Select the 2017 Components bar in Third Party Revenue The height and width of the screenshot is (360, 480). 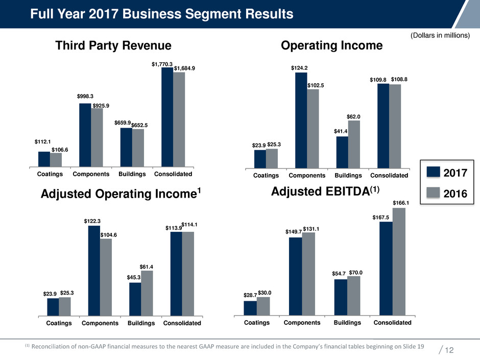point(85,135)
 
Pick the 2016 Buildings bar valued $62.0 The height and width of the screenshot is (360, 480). point(354,144)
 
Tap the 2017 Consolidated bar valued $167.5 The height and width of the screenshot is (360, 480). point(386,269)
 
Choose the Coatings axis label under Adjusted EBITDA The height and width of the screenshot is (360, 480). point(256,323)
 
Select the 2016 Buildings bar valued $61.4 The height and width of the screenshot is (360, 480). point(147,294)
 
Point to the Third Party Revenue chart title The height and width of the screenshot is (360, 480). point(113,46)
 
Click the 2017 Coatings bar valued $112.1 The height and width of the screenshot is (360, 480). point(44,159)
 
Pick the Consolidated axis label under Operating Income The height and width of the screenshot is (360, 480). point(389,176)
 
